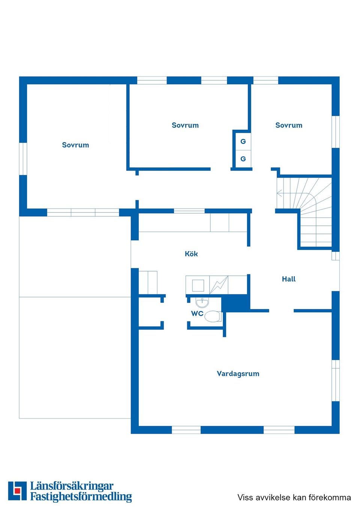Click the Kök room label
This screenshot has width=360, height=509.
191,254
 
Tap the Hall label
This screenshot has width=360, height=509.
289,279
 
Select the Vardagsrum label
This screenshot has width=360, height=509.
238,374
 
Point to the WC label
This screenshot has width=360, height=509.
197,314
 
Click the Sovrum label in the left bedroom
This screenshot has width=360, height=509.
75,145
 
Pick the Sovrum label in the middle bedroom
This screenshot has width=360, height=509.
185,125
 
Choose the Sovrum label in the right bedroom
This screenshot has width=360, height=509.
289,125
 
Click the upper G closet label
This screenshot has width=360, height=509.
243,142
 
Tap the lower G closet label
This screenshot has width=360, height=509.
243,159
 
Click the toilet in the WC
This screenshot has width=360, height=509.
213,316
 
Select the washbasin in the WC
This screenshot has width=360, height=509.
202,302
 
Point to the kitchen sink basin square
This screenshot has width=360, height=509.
198,286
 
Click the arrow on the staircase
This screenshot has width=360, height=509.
279,193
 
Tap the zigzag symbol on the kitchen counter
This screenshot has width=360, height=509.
219,285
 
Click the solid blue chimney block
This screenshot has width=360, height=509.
235,303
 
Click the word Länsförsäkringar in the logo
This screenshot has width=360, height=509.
72,486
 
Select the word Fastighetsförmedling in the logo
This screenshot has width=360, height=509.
81,497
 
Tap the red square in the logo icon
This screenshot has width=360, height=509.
17,491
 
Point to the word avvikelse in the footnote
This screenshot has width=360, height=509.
273,497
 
